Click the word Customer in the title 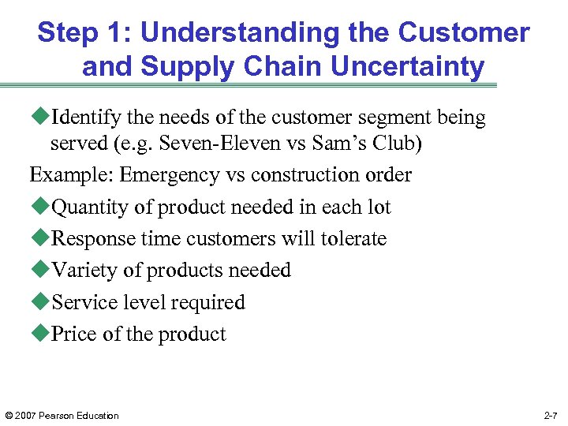[464, 33]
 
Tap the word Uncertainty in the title [407, 67]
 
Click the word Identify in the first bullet [82, 118]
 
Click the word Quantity [83, 207]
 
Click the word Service [77, 303]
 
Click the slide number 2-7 [551, 416]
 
